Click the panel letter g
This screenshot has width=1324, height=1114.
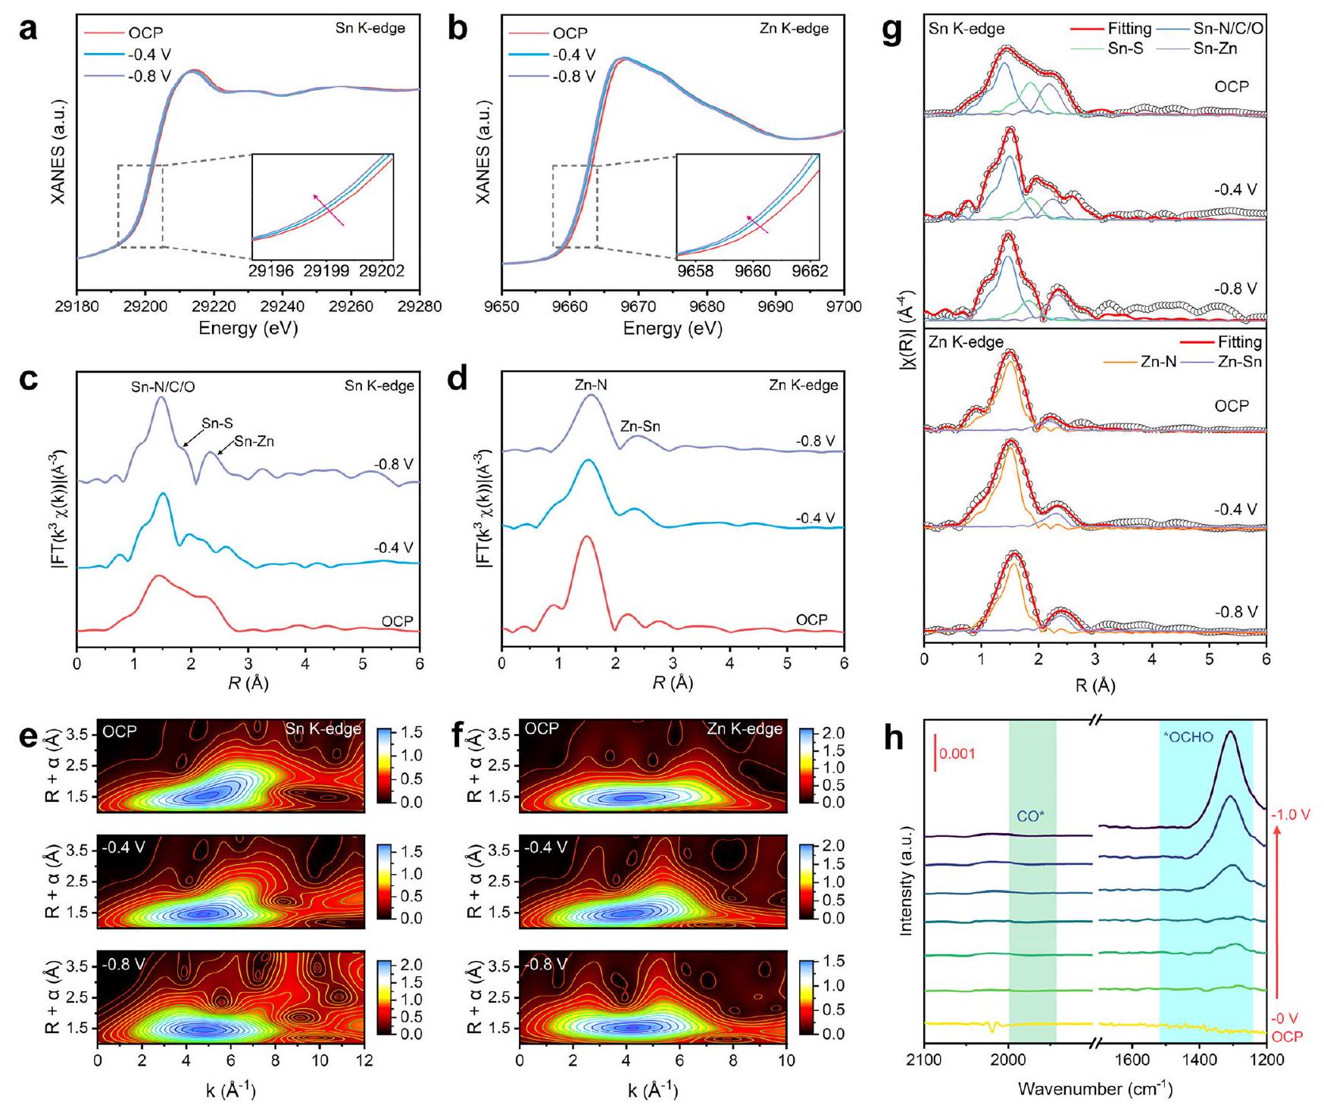click(x=896, y=34)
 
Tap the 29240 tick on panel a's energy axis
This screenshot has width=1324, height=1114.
click(x=283, y=308)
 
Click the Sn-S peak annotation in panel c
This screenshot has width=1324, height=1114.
click(x=217, y=424)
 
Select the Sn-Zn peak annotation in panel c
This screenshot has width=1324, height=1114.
click(x=254, y=441)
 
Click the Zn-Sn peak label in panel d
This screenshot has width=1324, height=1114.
click(x=640, y=426)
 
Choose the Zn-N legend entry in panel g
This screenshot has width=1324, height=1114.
click(x=1159, y=362)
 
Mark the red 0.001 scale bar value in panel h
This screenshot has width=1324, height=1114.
click(x=957, y=754)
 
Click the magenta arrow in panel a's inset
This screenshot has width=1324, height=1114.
click(x=328, y=210)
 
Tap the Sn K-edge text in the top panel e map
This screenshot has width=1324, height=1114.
click(x=323, y=729)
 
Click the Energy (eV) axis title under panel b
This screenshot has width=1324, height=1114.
click(x=673, y=329)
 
